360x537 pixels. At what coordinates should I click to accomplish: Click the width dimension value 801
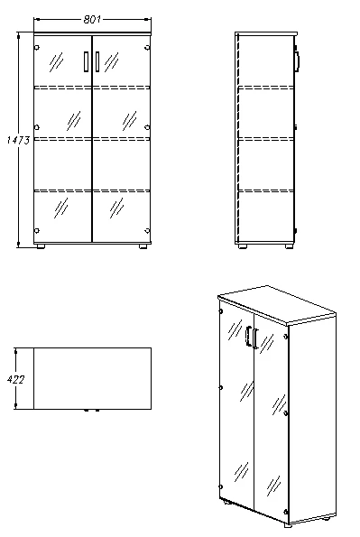click(91, 18)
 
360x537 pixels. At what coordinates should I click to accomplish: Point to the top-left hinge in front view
click(36, 48)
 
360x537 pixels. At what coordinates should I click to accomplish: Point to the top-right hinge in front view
click(149, 48)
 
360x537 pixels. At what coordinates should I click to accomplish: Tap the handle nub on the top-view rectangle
click(90, 411)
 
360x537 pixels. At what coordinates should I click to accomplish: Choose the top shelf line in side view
click(265, 88)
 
